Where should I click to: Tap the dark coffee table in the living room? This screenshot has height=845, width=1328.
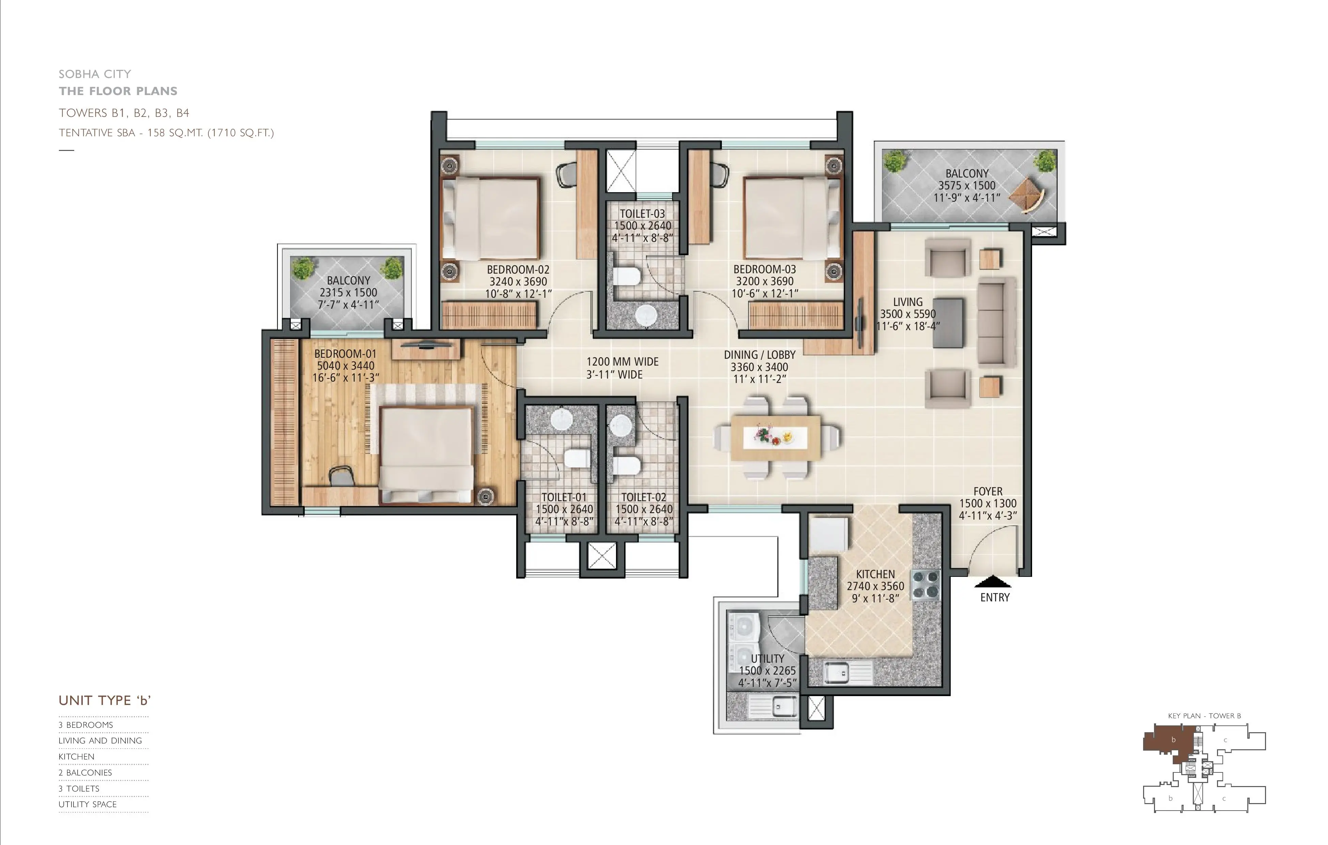click(x=948, y=323)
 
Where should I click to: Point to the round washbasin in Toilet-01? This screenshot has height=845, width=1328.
click(x=563, y=419)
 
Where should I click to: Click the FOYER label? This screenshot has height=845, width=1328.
click(x=988, y=491)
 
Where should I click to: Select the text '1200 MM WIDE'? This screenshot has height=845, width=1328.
click(x=622, y=362)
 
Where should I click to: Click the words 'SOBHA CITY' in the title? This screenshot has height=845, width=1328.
click(x=95, y=74)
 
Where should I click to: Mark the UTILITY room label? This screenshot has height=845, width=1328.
click(x=767, y=658)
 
